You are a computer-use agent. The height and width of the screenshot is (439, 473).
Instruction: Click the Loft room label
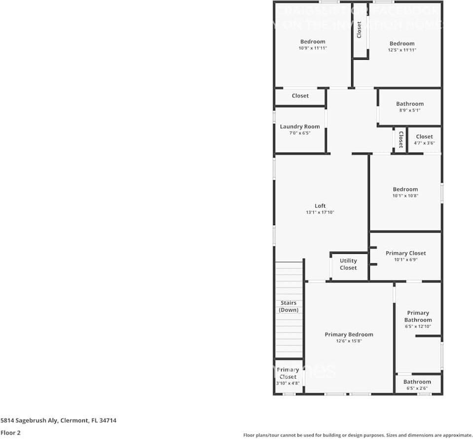tap(320, 206)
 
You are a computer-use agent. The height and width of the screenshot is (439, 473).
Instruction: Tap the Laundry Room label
tap(300, 126)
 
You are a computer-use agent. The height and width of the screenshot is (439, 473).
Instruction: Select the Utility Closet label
tap(348, 264)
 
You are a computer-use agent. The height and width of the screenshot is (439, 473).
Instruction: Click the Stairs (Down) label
tap(289, 306)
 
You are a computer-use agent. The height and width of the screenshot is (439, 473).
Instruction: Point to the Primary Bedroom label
tap(349, 334)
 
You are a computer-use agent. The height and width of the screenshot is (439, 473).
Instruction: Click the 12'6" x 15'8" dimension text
tap(349, 341)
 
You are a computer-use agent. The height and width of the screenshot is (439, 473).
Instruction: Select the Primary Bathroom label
tap(418, 316)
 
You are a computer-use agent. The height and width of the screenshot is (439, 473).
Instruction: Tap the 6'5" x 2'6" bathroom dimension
tap(417, 389)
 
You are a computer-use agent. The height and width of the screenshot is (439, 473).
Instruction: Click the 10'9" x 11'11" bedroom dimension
tap(313, 48)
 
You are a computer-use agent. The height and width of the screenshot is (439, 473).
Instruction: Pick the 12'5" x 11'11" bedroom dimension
tap(402, 50)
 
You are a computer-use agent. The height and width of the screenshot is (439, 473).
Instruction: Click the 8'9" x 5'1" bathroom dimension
tap(410, 111)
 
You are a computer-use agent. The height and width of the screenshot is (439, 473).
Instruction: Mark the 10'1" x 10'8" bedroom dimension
tap(405, 196)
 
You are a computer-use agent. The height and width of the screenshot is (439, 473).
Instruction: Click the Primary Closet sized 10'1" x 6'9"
tap(405, 253)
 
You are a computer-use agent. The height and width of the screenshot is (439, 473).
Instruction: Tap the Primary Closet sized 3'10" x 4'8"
tap(288, 373)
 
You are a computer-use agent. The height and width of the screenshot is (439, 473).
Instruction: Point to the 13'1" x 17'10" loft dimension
tap(320, 212)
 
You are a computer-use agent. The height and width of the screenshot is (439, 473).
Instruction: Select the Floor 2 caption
tap(11, 433)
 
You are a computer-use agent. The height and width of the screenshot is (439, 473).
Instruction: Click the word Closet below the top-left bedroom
tap(300, 96)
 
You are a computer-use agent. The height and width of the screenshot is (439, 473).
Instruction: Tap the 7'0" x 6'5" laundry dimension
tap(300, 133)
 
